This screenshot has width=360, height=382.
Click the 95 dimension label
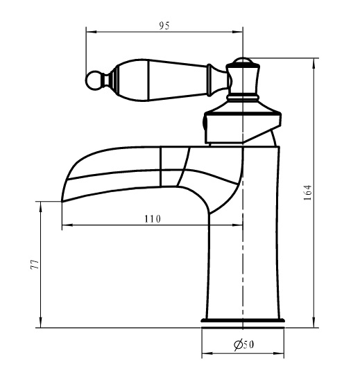coord(164,26)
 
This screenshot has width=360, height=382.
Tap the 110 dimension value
coord(153,219)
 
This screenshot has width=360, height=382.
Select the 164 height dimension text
coord(307,193)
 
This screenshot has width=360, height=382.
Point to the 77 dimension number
coord(35,264)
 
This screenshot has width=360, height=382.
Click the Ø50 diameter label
coord(243,345)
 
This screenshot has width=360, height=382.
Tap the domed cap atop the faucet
coord(242,62)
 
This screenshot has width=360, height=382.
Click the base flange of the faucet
coord(243,320)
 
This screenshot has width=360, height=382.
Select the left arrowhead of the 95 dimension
coord(92,32)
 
